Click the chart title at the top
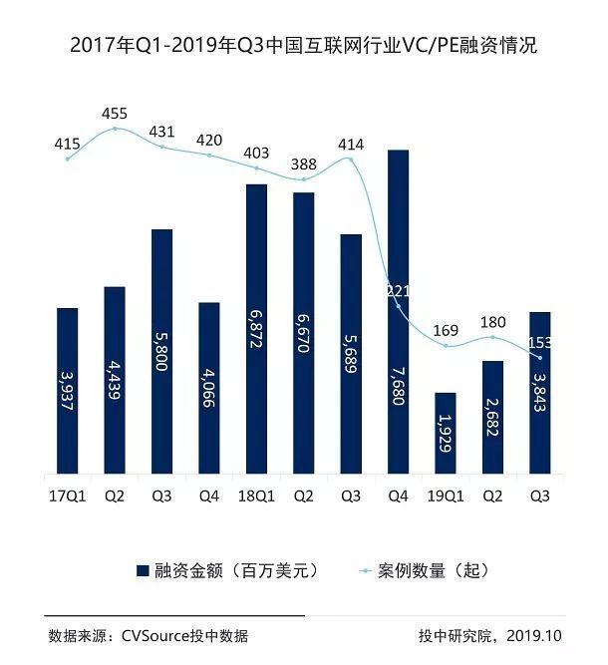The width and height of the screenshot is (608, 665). click(303, 46)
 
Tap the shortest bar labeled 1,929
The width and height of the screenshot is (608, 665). click(446, 434)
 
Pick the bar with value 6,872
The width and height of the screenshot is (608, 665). click(256, 329)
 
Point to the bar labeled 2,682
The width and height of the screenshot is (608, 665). click(492, 418)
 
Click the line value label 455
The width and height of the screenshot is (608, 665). click(115, 113)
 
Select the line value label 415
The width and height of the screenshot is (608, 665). click(67, 146)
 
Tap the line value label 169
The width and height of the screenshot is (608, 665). click(446, 330)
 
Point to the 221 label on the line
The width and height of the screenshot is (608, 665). click(399, 292)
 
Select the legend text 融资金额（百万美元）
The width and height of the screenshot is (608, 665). click(236, 571)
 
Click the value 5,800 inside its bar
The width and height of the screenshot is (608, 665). click(161, 352)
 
